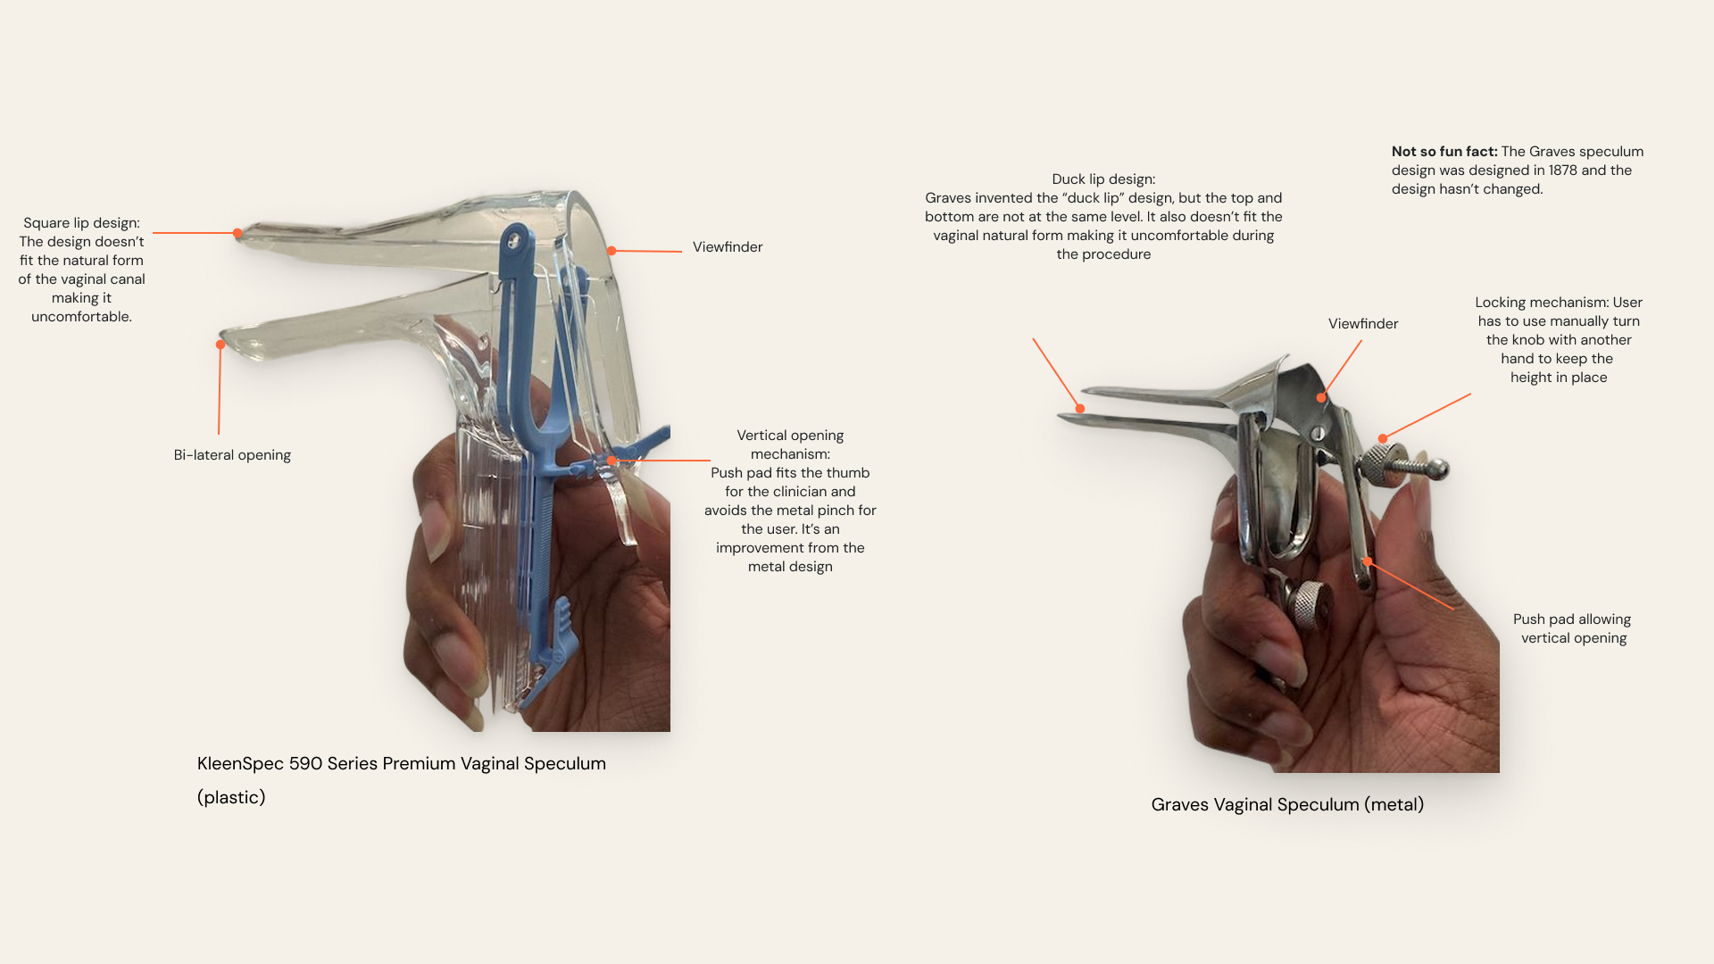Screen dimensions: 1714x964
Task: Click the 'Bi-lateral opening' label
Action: (x=232, y=455)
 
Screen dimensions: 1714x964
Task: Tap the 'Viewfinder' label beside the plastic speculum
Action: (x=728, y=247)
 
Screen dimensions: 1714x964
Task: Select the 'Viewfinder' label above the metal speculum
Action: (x=1363, y=324)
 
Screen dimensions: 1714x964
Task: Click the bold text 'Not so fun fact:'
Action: (x=1444, y=152)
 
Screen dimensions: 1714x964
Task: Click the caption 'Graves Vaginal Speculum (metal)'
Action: (x=1287, y=805)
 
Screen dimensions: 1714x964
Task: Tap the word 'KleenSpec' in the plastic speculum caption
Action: (x=240, y=764)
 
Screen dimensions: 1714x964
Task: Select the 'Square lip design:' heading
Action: (x=81, y=223)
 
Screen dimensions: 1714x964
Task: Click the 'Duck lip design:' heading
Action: (x=1103, y=179)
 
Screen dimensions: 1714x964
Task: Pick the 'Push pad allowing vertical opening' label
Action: (x=1573, y=628)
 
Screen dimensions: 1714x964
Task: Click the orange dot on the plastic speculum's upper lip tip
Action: (x=237, y=233)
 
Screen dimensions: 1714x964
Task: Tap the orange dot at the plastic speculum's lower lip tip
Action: (x=220, y=345)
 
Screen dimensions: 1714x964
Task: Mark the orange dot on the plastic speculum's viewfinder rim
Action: (x=612, y=251)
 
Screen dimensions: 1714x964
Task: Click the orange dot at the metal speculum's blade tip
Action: (x=1080, y=409)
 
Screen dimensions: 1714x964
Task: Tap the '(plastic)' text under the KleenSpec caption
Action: (x=231, y=798)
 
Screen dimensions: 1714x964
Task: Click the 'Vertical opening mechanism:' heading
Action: (x=790, y=445)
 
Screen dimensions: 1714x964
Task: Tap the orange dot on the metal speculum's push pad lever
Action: (x=1367, y=561)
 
